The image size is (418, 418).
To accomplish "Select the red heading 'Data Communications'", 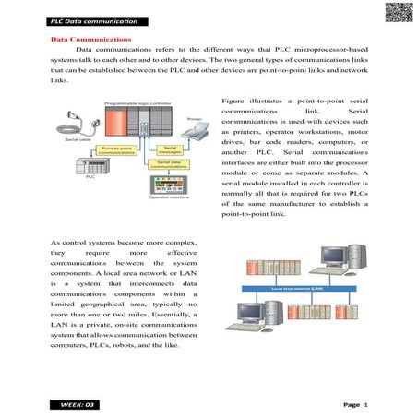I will pos(90,41).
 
